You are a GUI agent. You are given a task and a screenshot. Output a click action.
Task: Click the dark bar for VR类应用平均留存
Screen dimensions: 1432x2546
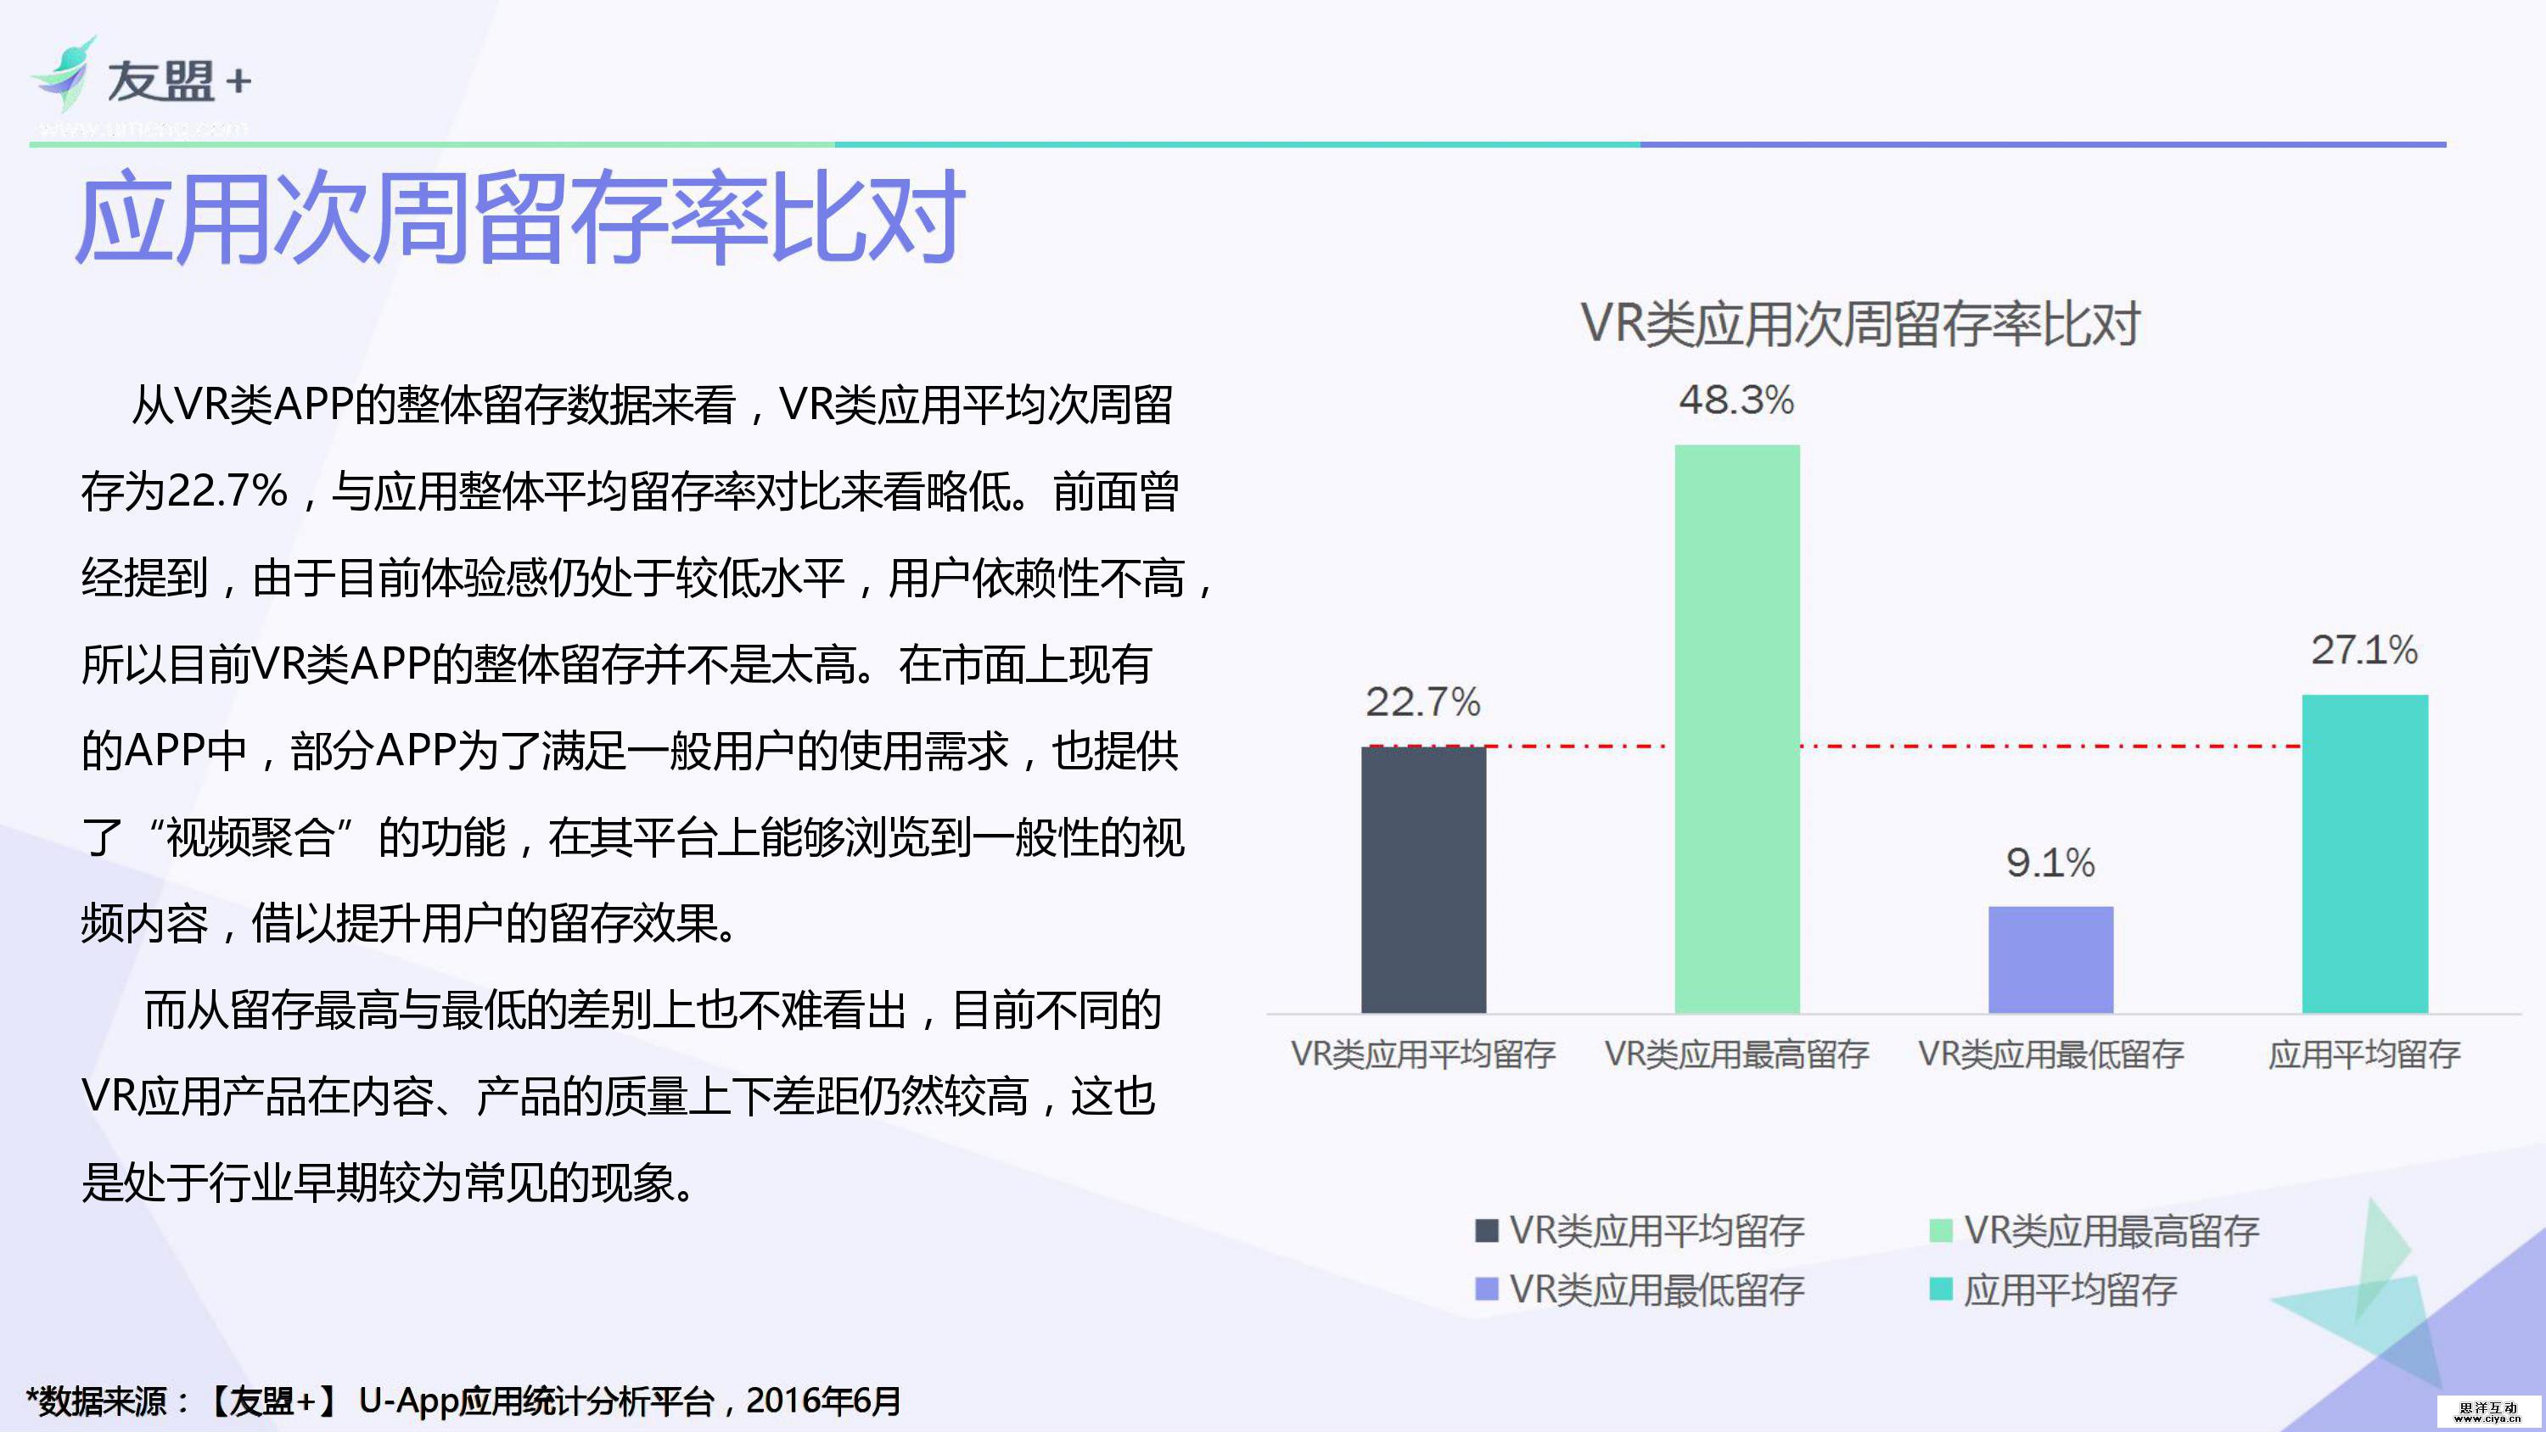click(1423, 880)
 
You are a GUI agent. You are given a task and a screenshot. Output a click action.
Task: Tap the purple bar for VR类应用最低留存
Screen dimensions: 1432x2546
click(2051, 959)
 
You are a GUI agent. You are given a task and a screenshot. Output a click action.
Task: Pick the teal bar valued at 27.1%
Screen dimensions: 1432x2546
click(2364, 854)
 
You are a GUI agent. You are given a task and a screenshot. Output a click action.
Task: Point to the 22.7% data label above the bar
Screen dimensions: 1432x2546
click(1423, 702)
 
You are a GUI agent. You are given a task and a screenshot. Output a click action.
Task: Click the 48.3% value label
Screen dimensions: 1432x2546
click(1736, 400)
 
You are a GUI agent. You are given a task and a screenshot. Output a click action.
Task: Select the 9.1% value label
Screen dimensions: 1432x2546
click(2051, 863)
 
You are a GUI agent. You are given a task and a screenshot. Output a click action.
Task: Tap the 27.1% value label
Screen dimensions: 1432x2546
click(2364, 651)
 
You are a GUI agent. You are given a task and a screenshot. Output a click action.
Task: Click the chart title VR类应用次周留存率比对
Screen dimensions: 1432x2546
click(1860, 323)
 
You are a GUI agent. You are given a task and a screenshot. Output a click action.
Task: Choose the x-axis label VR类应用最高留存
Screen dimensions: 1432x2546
click(1736, 1054)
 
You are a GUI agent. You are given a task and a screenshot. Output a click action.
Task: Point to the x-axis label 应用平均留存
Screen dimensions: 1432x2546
click(2364, 1054)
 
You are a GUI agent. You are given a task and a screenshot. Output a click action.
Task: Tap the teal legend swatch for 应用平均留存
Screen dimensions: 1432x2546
click(1940, 1289)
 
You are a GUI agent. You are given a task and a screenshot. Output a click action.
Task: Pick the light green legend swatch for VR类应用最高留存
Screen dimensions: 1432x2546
click(1940, 1230)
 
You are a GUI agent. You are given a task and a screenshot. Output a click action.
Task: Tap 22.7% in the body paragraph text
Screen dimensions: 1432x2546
click(227, 491)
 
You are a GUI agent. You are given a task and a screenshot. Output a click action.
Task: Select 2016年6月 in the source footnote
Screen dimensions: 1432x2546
click(823, 1401)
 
